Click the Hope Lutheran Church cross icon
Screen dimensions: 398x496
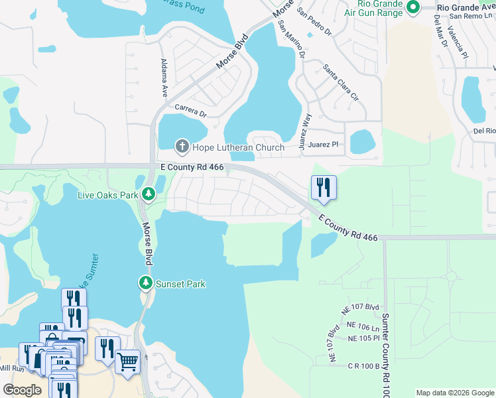pos(182,147)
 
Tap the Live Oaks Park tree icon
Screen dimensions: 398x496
pos(150,194)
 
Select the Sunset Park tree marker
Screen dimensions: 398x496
pos(145,284)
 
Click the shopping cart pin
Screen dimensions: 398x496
pos(127,362)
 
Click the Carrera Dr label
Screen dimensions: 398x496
pos(191,110)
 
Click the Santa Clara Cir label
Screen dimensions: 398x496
pos(340,82)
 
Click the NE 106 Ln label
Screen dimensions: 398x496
pos(363,326)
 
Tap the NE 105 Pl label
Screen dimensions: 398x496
pos(363,338)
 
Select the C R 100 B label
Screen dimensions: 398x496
pos(364,365)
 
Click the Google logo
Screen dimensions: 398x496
pos(22,390)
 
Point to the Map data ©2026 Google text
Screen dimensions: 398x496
pos(454,393)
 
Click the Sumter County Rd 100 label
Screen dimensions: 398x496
pos(385,352)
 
